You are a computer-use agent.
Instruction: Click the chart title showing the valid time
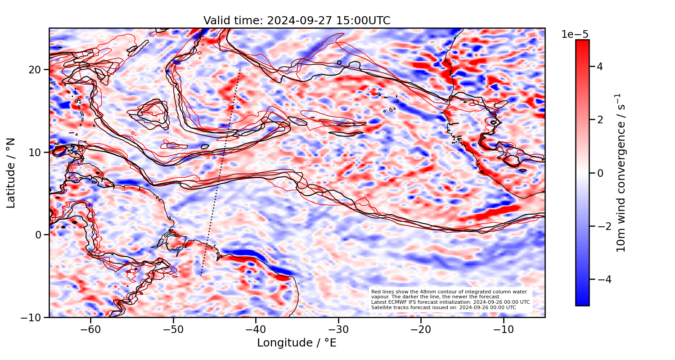(297, 21)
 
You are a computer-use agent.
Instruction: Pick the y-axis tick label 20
(36, 70)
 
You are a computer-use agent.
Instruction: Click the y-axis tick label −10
(32, 317)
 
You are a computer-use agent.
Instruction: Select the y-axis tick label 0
(39, 235)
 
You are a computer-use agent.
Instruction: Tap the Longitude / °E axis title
(297, 343)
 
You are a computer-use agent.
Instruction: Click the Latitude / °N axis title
(11, 173)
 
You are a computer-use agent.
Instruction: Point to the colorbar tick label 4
(600, 67)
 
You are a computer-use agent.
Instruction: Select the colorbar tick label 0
(600, 173)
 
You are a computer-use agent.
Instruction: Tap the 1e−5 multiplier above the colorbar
(575, 35)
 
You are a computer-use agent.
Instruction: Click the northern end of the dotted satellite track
(240, 71)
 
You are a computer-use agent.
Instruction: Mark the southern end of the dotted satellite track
(201, 275)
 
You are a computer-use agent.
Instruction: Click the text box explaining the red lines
(450, 300)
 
